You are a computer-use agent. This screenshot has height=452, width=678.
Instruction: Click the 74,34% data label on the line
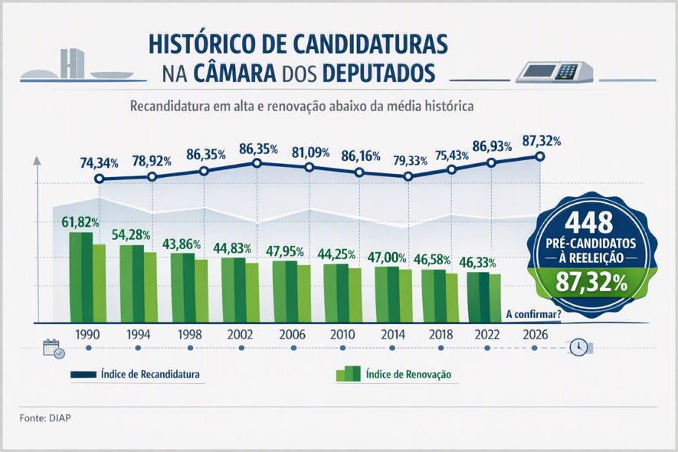pos(99,163)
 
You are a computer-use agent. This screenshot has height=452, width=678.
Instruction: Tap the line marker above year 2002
pos(257,163)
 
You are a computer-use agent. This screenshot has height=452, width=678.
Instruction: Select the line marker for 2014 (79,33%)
pos(408,176)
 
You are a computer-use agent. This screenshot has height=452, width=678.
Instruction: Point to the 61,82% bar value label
pos(80,222)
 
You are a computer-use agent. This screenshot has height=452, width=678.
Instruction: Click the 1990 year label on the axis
pos(87,334)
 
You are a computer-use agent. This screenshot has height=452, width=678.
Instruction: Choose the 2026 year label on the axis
pos(536,334)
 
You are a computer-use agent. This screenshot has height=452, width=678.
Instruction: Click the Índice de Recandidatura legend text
pos(150,374)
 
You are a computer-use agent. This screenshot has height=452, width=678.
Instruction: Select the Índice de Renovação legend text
pos(408,374)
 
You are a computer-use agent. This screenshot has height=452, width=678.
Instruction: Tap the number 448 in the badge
pos(589,222)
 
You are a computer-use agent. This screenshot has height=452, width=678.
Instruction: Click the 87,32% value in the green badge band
pos(591,283)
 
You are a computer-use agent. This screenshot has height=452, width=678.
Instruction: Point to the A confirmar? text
pos(533,314)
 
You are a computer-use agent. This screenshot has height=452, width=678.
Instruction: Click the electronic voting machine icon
pos(555,71)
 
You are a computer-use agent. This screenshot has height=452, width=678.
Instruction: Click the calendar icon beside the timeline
pos(54,348)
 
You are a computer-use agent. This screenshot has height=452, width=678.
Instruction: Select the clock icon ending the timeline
pos(578,347)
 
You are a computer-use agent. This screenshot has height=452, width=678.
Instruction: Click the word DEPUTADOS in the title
pos(378,73)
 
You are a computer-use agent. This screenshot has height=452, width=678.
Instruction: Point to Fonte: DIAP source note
pos(45,418)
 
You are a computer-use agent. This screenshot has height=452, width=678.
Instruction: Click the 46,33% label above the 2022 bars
pos(477,263)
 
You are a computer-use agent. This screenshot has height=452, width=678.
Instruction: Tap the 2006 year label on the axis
pos(293,334)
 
